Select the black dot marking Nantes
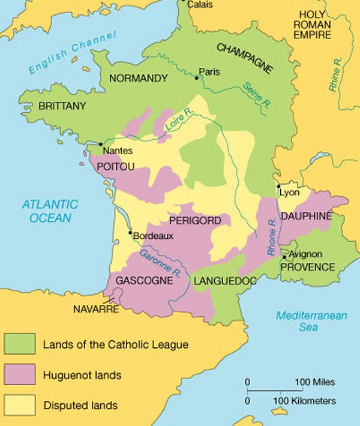click(x=100, y=145)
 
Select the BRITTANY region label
click(x=62, y=106)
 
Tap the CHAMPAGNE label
click(x=244, y=57)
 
